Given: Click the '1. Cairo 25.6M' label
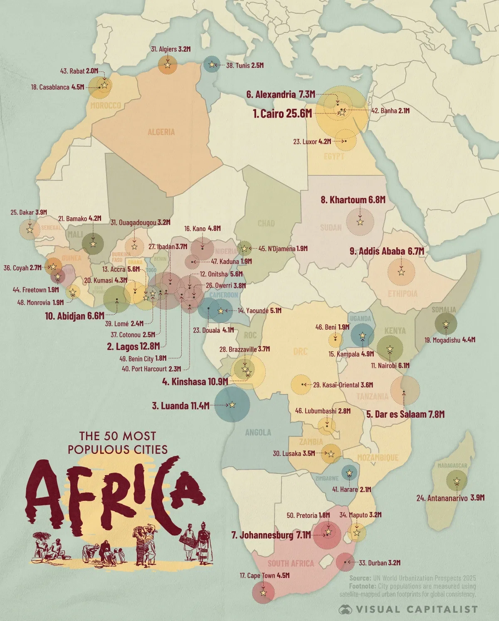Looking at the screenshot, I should click(x=282, y=113).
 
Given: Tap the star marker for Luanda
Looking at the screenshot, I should click(x=232, y=405).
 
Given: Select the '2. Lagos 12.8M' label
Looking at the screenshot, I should click(x=133, y=346).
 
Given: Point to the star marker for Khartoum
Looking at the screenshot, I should click(x=360, y=222).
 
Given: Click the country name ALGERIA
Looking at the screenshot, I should click(x=161, y=132).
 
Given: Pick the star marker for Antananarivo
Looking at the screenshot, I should click(x=457, y=481).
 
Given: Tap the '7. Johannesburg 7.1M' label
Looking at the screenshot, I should click(x=271, y=535).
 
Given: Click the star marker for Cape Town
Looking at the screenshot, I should click(x=263, y=593).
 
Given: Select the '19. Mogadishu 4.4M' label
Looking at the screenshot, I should click(x=450, y=340).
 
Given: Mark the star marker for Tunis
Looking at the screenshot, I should click(x=212, y=64).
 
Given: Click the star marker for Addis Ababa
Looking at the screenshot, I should click(x=401, y=272).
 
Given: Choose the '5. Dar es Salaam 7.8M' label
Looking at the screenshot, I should click(x=405, y=414).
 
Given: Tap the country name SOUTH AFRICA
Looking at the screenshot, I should click(x=291, y=564).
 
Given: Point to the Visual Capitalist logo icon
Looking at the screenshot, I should click(x=345, y=609).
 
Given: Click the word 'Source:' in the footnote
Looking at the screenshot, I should click(x=360, y=578).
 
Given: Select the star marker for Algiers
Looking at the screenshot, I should click(x=168, y=65).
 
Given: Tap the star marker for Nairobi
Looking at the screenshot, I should click(x=390, y=349).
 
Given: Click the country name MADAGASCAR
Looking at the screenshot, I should click(x=452, y=466).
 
